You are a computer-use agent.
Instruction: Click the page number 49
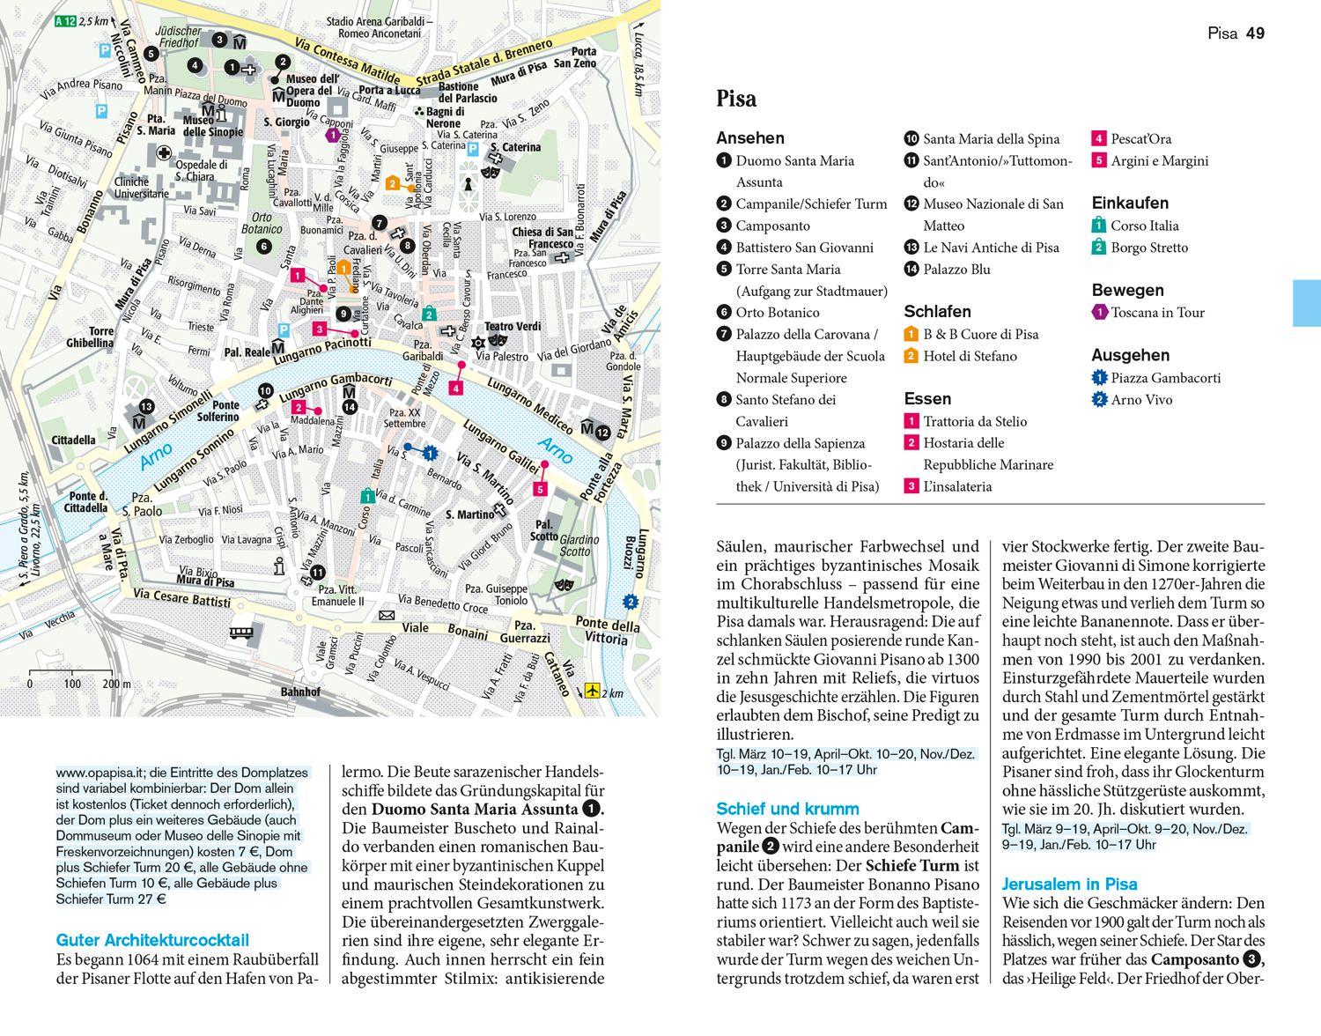pos(1256,33)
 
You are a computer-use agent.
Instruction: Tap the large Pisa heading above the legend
pos(736,99)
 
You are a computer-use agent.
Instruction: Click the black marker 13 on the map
pos(146,406)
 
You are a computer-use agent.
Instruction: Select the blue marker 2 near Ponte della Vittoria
pos(630,603)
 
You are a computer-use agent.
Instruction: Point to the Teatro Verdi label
pos(513,327)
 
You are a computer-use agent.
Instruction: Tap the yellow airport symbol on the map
pos(592,692)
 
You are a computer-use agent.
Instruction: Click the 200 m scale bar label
pos(116,684)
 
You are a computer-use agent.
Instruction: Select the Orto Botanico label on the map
pos(267,223)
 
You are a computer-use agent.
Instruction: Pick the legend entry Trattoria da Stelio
pos(975,421)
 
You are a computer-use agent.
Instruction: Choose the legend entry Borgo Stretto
pos(1148,248)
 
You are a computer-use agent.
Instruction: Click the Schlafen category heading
pos(937,312)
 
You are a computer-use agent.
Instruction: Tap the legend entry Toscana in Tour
pos(1157,312)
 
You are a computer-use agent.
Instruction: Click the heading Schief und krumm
pos(787,809)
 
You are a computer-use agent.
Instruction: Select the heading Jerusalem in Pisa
pos(1069,884)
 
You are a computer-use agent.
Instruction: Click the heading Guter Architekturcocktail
pos(152,940)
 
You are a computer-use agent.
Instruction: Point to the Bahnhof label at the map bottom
pos(300,692)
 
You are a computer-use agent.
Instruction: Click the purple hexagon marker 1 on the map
pos(333,135)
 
